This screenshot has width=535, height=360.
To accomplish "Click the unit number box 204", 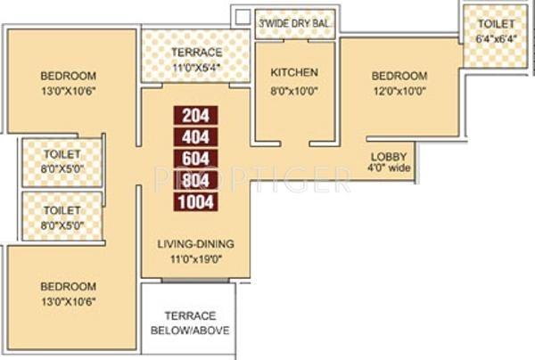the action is [x=195, y=115].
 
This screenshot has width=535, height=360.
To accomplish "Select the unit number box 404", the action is [x=195, y=137].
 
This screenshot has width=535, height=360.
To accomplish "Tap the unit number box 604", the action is [x=195, y=159].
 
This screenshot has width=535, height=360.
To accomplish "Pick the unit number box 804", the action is [x=195, y=180].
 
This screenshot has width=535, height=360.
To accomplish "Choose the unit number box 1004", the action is [x=195, y=201].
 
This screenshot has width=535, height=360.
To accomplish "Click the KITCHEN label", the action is [x=294, y=72].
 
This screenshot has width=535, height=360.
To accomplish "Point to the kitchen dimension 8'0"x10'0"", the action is [x=294, y=91].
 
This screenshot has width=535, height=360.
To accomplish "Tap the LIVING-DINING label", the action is [x=196, y=244].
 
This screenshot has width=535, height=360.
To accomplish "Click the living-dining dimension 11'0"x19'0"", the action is [x=196, y=259].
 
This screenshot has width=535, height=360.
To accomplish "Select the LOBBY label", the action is [x=389, y=157].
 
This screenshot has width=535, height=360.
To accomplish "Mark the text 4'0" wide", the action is [x=389, y=168].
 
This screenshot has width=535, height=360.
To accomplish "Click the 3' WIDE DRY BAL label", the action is [x=294, y=23].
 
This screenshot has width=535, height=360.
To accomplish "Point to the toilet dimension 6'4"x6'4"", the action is [x=496, y=38].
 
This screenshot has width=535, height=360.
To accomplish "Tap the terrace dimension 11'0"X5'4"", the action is [x=196, y=68].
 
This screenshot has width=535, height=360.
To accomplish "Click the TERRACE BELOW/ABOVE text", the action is [x=191, y=323].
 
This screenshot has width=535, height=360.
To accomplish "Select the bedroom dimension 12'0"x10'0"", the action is [x=399, y=91].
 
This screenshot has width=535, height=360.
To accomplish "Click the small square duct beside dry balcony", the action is [x=243, y=16].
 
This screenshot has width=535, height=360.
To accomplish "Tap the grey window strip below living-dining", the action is [x=195, y=281].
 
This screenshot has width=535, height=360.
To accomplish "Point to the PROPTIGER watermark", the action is [x=252, y=179].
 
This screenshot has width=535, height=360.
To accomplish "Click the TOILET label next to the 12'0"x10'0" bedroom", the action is [x=496, y=24].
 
